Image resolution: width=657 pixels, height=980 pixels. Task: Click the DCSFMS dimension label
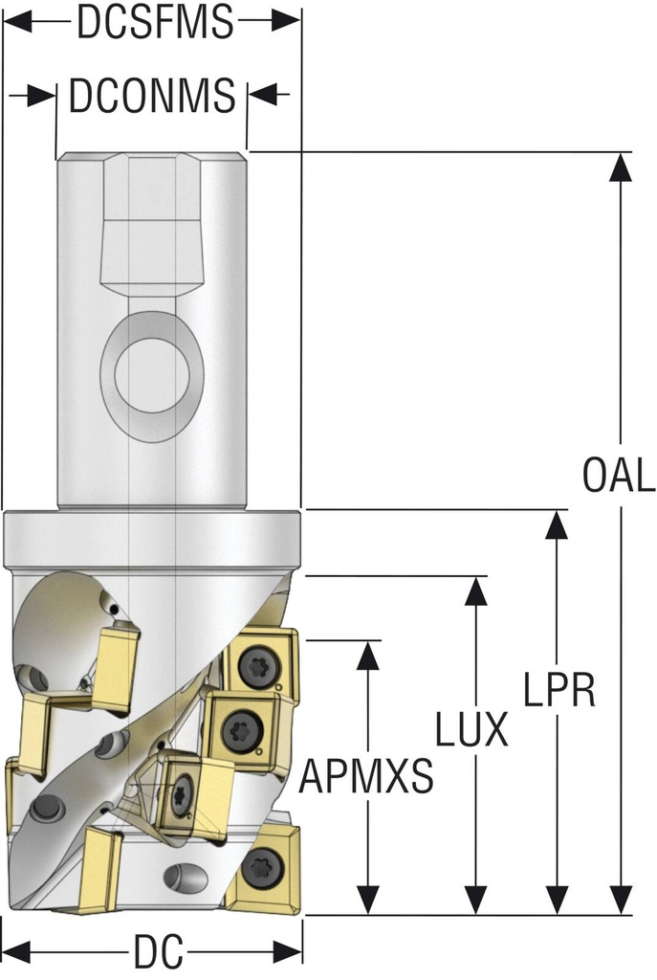pyautogui.click(x=155, y=22)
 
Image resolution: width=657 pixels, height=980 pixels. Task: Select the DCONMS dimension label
pyautogui.click(x=152, y=95)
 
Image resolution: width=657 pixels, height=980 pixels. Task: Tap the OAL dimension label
pyautogui.click(x=619, y=476)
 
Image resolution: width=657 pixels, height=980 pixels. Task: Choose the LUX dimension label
pyautogui.click(x=471, y=730)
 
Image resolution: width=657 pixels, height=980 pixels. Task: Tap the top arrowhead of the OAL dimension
pyautogui.click(x=620, y=165)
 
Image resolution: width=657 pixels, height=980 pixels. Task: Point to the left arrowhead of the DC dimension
pyautogui.click(x=17, y=952)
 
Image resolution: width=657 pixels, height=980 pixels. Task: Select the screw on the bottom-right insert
pyautogui.click(x=257, y=867)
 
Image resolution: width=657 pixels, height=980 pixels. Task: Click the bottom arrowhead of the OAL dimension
pyautogui.click(x=620, y=902)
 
